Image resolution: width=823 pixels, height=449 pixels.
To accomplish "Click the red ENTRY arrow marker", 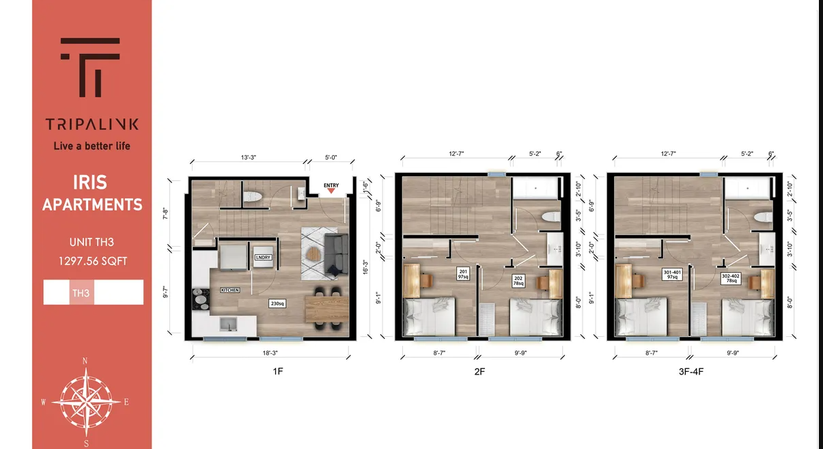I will tap(331, 191).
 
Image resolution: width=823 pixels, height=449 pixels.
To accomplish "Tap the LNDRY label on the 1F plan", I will tap(263, 257).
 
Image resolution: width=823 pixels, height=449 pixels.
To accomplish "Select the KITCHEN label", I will tap(229, 290).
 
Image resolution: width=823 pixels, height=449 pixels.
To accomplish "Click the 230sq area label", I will tap(277, 303).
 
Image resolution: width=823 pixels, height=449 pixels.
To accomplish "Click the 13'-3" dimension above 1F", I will tap(248, 157).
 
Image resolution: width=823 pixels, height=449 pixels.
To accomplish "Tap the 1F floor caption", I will tap(271, 372).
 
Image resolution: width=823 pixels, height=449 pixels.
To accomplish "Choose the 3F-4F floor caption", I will tap(693, 372).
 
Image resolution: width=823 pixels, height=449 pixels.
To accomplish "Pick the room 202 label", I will tap(518, 280).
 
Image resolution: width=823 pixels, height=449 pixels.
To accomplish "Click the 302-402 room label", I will tap(731, 279).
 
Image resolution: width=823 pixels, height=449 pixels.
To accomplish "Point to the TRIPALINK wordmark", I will tap(92, 124).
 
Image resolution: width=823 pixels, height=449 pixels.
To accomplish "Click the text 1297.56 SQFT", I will tap(92, 260).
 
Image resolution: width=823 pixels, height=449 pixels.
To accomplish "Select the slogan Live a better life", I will tap(92, 146).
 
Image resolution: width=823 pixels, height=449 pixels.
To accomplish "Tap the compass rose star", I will tap(86, 400).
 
